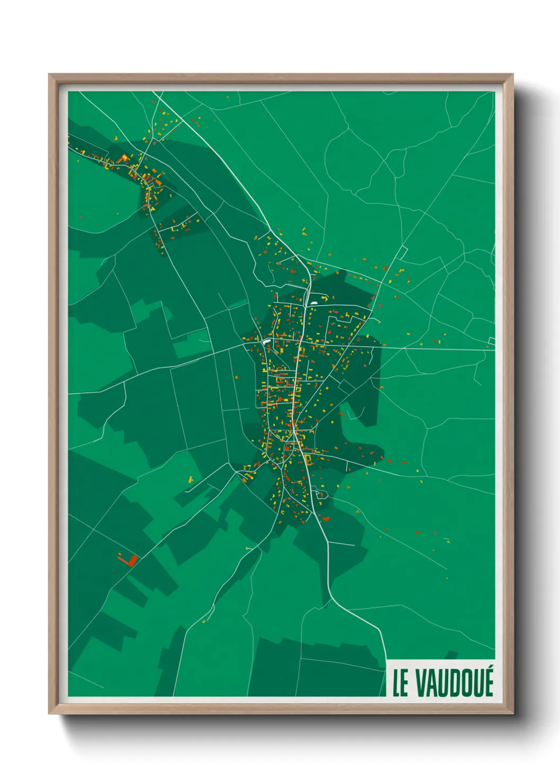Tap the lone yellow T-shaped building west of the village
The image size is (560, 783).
(x=191, y=479)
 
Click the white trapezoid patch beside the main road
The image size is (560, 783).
(x=314, y=303)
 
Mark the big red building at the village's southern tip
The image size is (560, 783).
(x=326, y=518)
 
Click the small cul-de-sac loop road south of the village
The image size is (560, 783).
(x=321, y=495)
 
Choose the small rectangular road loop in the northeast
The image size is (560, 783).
(x=403, y=253)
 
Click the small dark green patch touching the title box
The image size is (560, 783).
(x=451, y=654)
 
